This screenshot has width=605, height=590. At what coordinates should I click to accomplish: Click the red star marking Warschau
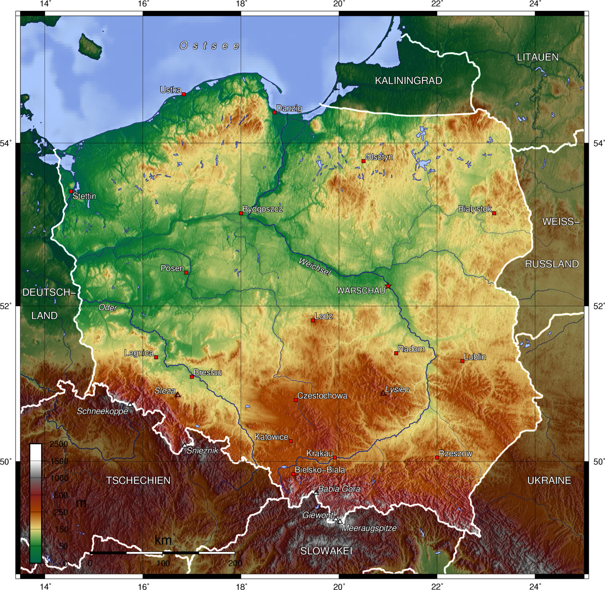tap(388, 286)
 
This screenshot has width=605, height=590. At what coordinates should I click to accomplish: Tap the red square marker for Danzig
tap(274, 112)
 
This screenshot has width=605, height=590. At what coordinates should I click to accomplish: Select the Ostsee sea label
tap(210, 45)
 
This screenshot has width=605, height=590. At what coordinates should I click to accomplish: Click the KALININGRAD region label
tap(408, 80)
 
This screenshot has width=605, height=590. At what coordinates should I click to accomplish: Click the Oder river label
tap(108, 308)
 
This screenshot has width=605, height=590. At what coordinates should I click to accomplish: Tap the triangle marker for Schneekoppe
tap(130, 404)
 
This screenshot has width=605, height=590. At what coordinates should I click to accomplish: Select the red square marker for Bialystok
tap(494, 213)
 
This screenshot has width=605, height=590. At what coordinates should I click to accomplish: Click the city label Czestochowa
tap(322, 396)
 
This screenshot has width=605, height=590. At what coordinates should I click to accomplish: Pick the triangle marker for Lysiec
tap(383, 393)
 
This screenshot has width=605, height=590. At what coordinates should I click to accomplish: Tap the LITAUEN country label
tap(538, 57)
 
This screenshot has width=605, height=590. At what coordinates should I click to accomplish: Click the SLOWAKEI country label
tap(326, 551)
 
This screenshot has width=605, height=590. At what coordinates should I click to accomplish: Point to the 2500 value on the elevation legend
tap(59, 444)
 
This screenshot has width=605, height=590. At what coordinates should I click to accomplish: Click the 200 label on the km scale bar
tap(235, 563)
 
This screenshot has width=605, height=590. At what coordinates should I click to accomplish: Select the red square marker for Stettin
tap(71, 191)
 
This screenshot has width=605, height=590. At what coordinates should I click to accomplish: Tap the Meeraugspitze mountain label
tap(369, 528)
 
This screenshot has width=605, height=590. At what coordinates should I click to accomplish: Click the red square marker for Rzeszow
tap(437, 457)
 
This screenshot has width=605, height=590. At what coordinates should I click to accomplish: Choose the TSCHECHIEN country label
tap(138, 480)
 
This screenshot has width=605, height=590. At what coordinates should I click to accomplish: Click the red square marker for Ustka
tap(184, 94)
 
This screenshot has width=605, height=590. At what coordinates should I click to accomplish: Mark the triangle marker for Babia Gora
tap(316, 493)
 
